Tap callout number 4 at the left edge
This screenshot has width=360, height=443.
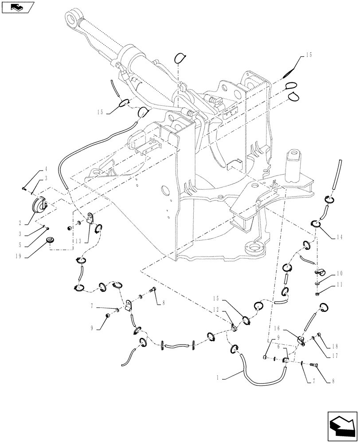[x=45, y=170]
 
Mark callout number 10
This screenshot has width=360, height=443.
[x=339, y=273]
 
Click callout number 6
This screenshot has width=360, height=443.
[x=278, y=347]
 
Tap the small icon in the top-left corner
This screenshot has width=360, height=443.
[x=17, y=7]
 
